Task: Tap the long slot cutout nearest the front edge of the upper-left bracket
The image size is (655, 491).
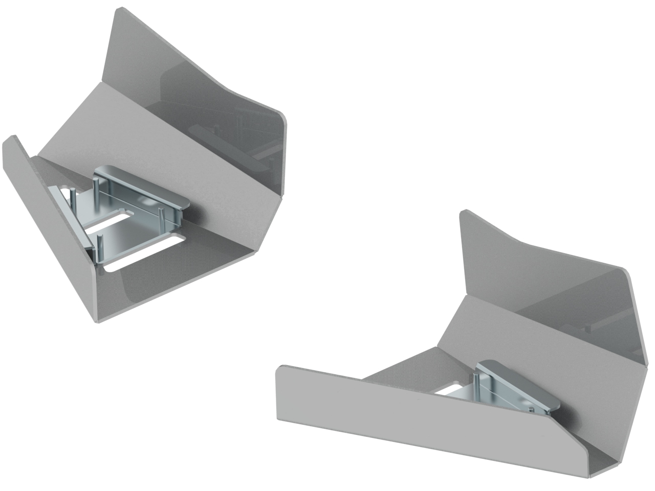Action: coord(138,258)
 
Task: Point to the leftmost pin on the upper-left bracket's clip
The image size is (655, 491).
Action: coord(75,196)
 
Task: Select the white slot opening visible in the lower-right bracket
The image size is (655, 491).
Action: coord(450,391)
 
